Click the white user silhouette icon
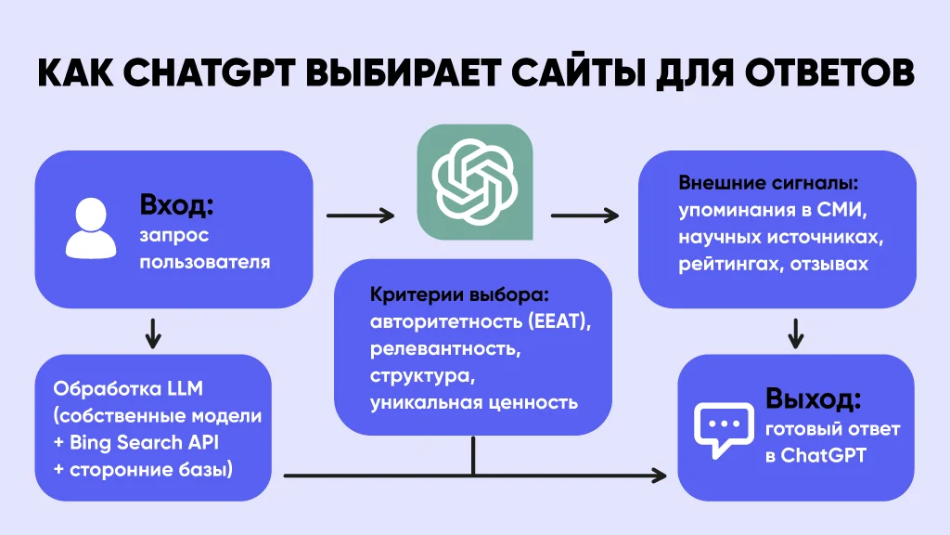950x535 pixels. tap(90, 228)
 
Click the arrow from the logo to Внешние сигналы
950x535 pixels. tap(584, 216)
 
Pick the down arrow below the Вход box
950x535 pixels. tap(153, 333)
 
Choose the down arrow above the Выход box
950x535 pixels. tap(795, 332)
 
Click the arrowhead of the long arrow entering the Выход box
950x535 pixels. tap(660, 476)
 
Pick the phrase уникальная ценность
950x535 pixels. tap(474, 403)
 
